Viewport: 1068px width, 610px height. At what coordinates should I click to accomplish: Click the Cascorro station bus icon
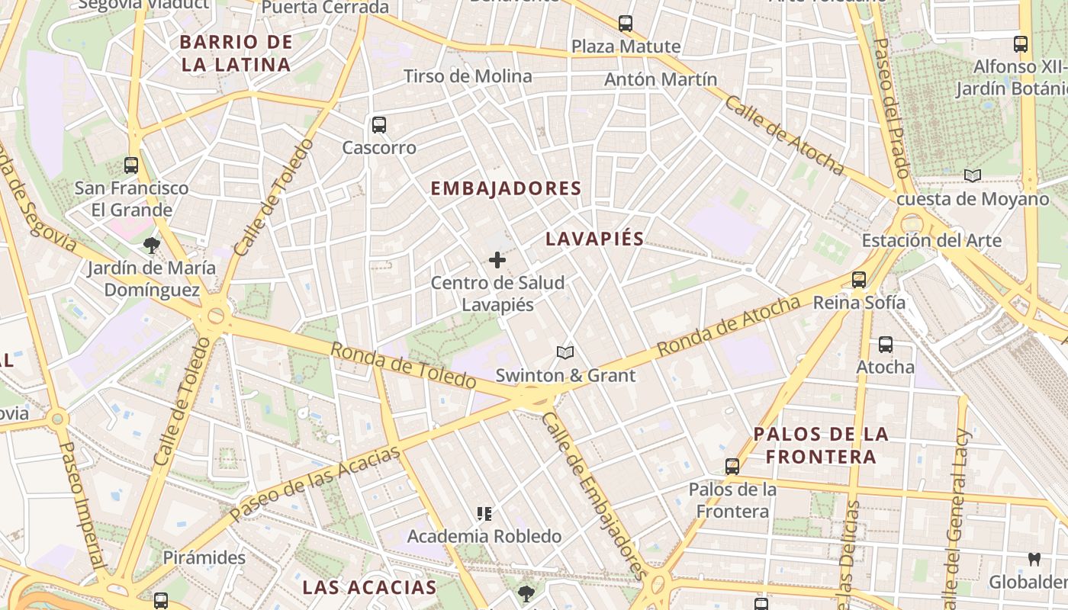378,125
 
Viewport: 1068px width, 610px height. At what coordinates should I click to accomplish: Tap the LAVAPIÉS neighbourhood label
594,239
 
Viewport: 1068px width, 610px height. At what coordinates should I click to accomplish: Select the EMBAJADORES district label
506,188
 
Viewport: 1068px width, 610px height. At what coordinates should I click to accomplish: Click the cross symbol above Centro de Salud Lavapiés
497,261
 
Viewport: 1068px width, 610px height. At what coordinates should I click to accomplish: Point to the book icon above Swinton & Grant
565,352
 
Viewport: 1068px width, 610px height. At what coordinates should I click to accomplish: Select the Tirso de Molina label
468,76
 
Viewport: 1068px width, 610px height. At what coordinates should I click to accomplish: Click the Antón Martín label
661,79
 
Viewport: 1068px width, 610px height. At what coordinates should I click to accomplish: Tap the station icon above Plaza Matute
626,24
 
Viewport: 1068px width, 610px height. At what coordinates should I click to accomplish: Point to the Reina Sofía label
859,303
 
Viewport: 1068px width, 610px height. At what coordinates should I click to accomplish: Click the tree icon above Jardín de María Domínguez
151,246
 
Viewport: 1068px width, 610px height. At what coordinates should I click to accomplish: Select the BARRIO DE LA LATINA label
236,53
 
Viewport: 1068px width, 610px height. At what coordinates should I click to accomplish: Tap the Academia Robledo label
484,536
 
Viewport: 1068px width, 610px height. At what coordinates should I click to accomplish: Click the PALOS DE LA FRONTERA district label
821,445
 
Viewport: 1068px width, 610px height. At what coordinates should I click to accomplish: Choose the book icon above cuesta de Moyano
972,176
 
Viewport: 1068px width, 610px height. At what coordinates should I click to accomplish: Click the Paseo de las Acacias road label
314,484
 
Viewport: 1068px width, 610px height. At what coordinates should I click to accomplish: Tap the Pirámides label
204,557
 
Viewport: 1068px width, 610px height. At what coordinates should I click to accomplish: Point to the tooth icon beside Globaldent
1034,559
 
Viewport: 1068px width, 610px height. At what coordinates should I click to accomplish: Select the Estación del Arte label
931,241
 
